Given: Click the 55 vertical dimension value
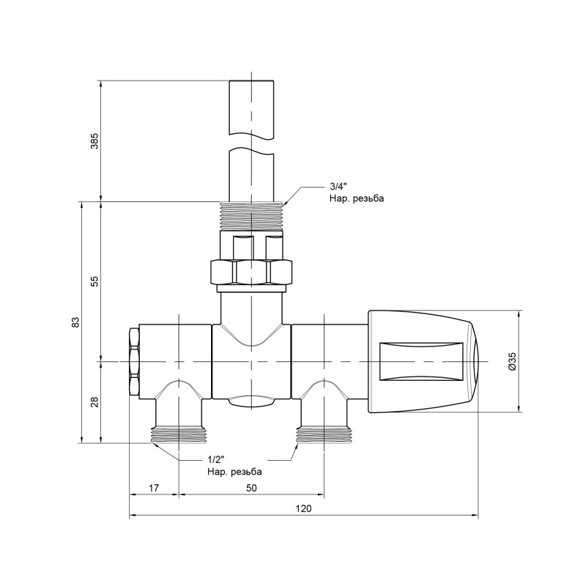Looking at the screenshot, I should coord(94,282).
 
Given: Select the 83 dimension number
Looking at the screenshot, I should coord(75,322).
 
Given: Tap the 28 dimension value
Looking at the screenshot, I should coord(94,402).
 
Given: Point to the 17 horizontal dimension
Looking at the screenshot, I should coord(153,486).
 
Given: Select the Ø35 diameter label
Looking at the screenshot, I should coord(512,361).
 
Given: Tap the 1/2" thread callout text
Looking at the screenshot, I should coord(215,459).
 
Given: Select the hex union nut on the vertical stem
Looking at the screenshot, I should coord(251,272).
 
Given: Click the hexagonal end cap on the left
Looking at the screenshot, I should coord(133,362).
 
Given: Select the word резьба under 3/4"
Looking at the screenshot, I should coord(367,199).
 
